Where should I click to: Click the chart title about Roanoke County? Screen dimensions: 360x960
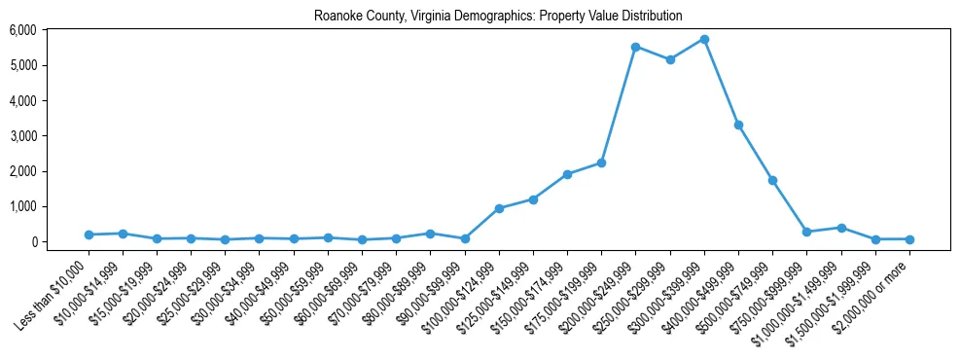pos(498,17)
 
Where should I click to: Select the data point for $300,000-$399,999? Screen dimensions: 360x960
pos(704,39)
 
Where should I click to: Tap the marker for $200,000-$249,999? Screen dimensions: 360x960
pos(635,47)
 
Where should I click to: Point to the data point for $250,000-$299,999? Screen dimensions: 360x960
pos(670,59)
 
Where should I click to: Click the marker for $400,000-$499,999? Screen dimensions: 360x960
pos(738,125)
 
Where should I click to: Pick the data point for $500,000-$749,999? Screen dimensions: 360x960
pos(772,180)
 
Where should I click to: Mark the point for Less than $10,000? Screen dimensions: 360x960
pos(89,234)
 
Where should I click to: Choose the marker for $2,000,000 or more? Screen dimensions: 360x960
pos(909,239)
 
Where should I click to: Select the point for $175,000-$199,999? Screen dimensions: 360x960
pos(601,162)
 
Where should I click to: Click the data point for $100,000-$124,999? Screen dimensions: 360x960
pos(499,208)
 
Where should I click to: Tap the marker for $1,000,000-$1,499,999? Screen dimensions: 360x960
pos(841,228)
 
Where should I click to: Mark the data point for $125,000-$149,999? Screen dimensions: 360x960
pos(533,199)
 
